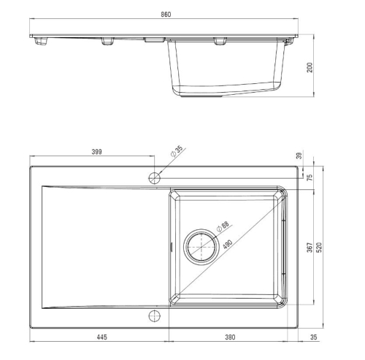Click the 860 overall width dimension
(166, 15)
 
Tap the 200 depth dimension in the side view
(310, 67)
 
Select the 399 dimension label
(96, 152)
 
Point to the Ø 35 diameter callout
(177, 152)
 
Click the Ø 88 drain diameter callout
(223, 226)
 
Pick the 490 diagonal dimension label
(228, 245)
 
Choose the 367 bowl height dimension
(310, 248)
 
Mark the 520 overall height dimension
(319, 248)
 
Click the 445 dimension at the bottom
(101, 337)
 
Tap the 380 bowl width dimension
(230, 337)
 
